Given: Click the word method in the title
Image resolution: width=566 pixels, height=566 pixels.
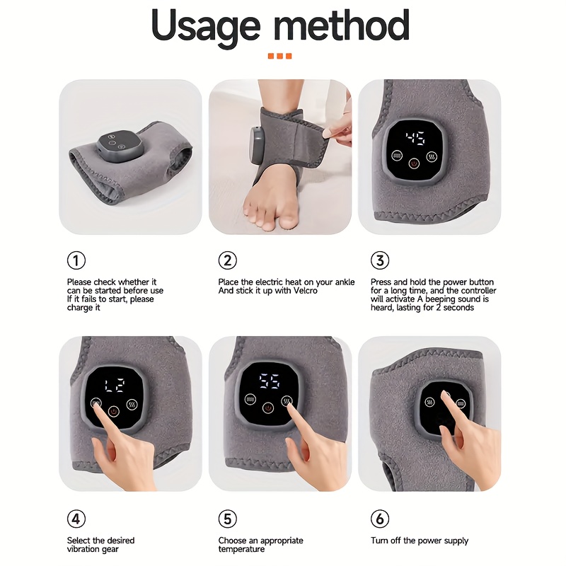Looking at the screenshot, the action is [342, 25].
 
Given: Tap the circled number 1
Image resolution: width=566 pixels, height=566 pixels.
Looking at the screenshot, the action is [76, 260].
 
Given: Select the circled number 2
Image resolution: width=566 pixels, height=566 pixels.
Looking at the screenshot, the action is [227, 260].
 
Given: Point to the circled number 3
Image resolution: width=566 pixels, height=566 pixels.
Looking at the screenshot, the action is [380, 260].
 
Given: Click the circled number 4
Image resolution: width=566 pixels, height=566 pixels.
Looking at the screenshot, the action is [76, 519].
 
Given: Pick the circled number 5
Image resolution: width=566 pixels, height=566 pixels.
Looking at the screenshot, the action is [227, 519].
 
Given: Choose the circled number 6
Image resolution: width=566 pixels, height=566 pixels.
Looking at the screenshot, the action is [380, 519].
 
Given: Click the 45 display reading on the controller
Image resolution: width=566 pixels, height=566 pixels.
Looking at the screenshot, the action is [415, 138].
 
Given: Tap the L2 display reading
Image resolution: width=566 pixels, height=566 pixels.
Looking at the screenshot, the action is [115, 386].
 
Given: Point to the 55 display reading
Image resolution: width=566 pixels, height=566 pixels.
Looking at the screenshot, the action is [270, 381].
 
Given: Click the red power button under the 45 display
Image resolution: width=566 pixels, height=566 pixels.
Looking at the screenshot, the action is [414, 163].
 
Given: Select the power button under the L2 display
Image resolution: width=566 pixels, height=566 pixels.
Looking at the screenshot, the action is [114, 411].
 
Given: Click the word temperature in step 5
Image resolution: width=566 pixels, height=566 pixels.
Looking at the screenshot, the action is [241, 550].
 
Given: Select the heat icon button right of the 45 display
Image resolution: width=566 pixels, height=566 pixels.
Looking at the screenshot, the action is [432, 156].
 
